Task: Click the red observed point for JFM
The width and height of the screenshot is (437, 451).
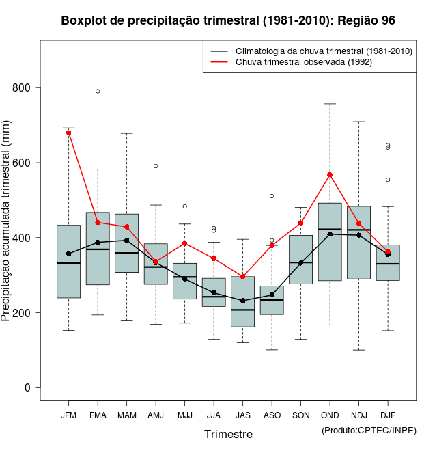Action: tap(69, 133)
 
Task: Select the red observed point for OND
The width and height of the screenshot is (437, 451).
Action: tap(330, 175)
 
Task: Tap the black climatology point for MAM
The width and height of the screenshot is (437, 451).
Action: tap(127, 241)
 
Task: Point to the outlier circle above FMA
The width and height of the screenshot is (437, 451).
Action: tap(98, 91)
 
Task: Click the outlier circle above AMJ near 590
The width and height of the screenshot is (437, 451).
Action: tap(156, 166)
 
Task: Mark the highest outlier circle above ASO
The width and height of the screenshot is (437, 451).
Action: tap(272, 196)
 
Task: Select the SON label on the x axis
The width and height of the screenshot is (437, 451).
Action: tap(300, 415)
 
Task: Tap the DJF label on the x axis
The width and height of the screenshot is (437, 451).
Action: tap(388, 415)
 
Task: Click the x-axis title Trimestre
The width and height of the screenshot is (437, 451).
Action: tap(228, 434)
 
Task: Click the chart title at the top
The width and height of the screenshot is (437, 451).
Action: tap(228, 20)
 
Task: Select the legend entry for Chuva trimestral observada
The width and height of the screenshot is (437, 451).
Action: tap(303, 62)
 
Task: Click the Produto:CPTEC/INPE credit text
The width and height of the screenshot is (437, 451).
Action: tap(369, 430)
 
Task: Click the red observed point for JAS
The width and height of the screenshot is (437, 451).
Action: tap(242, 277)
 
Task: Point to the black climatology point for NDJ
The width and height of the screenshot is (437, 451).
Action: tap(358, 235)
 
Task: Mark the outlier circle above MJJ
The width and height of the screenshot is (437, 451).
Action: tap(184, 206)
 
